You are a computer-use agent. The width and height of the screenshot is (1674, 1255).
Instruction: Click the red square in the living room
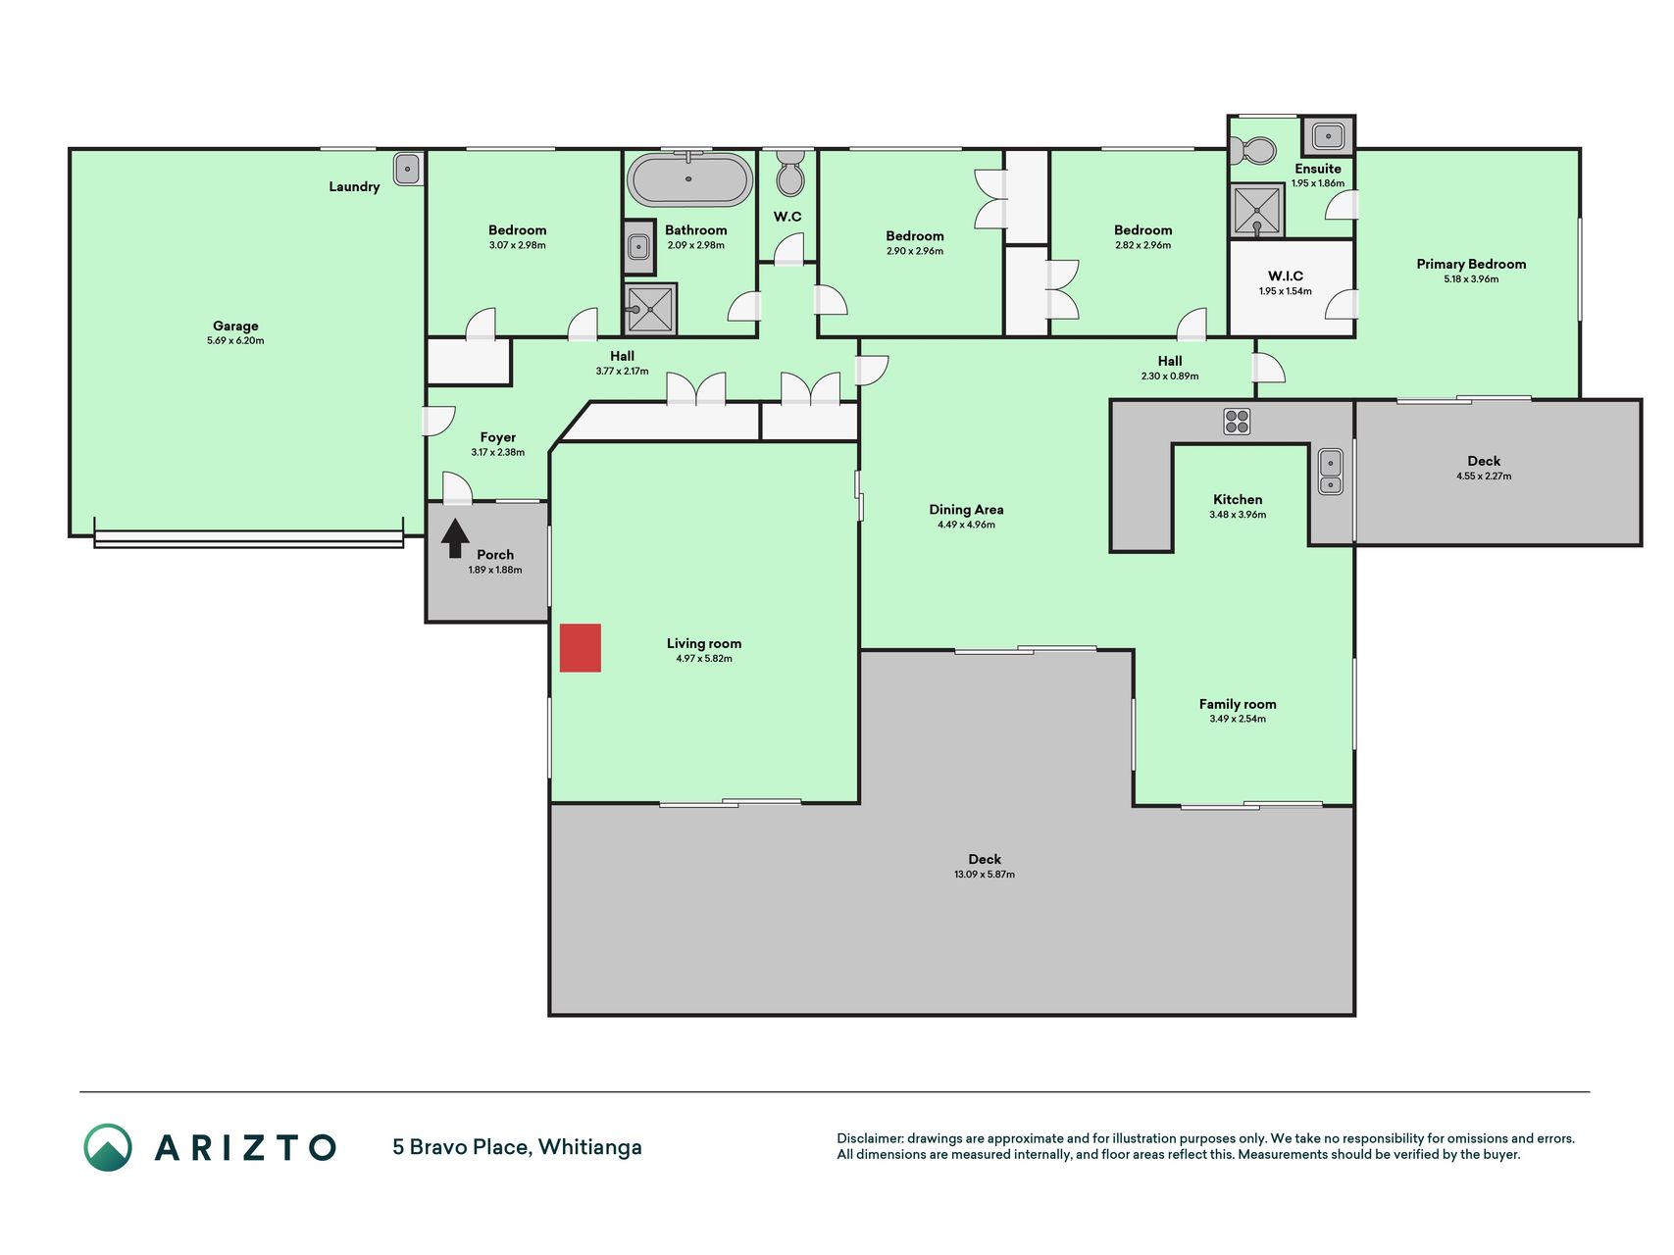tap(580, 648)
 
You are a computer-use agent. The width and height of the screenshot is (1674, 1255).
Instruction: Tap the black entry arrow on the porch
tap(455, 538)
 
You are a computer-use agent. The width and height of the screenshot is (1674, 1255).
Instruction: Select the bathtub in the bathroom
tap(689, 179)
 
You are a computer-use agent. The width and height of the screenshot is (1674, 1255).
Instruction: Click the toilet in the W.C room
tap(789, 173)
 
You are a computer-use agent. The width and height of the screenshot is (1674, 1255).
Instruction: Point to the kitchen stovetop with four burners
tap(1237, 422)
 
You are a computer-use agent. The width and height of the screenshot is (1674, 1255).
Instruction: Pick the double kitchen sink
tap(1330, 472)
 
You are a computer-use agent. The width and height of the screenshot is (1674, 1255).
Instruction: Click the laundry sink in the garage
tap(408, 169)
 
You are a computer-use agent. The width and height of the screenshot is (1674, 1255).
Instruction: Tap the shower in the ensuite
tap(1257, 210)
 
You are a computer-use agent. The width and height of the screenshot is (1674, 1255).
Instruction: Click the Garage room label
tap(235, 326)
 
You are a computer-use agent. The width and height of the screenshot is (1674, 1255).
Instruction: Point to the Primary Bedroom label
tap(1471, 264)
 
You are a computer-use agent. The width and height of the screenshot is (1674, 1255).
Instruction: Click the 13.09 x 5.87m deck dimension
tap(985, 875)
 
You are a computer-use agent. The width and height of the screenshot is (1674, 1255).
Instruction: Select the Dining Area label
tap(966, 510)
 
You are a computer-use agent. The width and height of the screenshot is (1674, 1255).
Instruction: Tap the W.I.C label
tap(1285, 276)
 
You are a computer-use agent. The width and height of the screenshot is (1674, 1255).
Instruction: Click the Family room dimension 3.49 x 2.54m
tap(1238, 719)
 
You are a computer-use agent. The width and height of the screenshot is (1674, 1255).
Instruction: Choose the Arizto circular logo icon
tap(108, 1147)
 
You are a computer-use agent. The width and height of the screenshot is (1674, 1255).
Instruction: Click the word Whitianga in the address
tap(589, 1147)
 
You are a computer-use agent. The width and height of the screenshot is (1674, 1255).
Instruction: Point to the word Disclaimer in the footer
tap(869, 1138)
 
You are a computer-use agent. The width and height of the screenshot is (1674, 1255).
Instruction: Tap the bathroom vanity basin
tap(638, 247)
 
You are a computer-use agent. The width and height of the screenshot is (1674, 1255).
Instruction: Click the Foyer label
tap(498, 438)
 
